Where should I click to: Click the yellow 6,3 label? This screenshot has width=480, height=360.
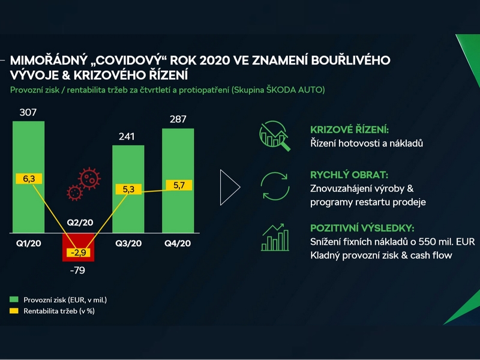pyautogui.click(x=29, y=179)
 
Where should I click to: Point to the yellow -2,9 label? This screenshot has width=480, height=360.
pyautogui.click(x=79, y=253)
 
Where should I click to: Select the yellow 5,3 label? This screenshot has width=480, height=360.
pyautogui.click(x=128, y=189)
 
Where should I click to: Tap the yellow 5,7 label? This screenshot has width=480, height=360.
pyautogui.click(x=179, y=185)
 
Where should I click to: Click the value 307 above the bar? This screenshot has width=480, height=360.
pyautogui.click(x=28, y=112)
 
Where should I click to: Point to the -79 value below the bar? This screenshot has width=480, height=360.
pyautogui.click(x=77, y=271)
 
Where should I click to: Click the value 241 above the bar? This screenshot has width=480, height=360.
pyautogui.click(x=127, y=136)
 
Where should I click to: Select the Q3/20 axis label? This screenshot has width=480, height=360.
pyautogui.click(x=128, y=244)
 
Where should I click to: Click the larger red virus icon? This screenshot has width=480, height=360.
pyautogui.click(x=89, y=178)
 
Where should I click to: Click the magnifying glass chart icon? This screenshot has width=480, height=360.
pyautogui.click(x=275, y=136)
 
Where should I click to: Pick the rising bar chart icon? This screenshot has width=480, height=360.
pyautogui.click(x=275, y=238)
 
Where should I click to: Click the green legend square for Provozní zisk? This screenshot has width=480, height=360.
pyautogui.click(x=14, y=299)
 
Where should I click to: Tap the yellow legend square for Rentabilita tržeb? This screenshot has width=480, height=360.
pyautogui.click(x=14, y=311)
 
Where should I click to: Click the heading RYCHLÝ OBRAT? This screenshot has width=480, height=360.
pyautogui.click(x=349, y=175)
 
